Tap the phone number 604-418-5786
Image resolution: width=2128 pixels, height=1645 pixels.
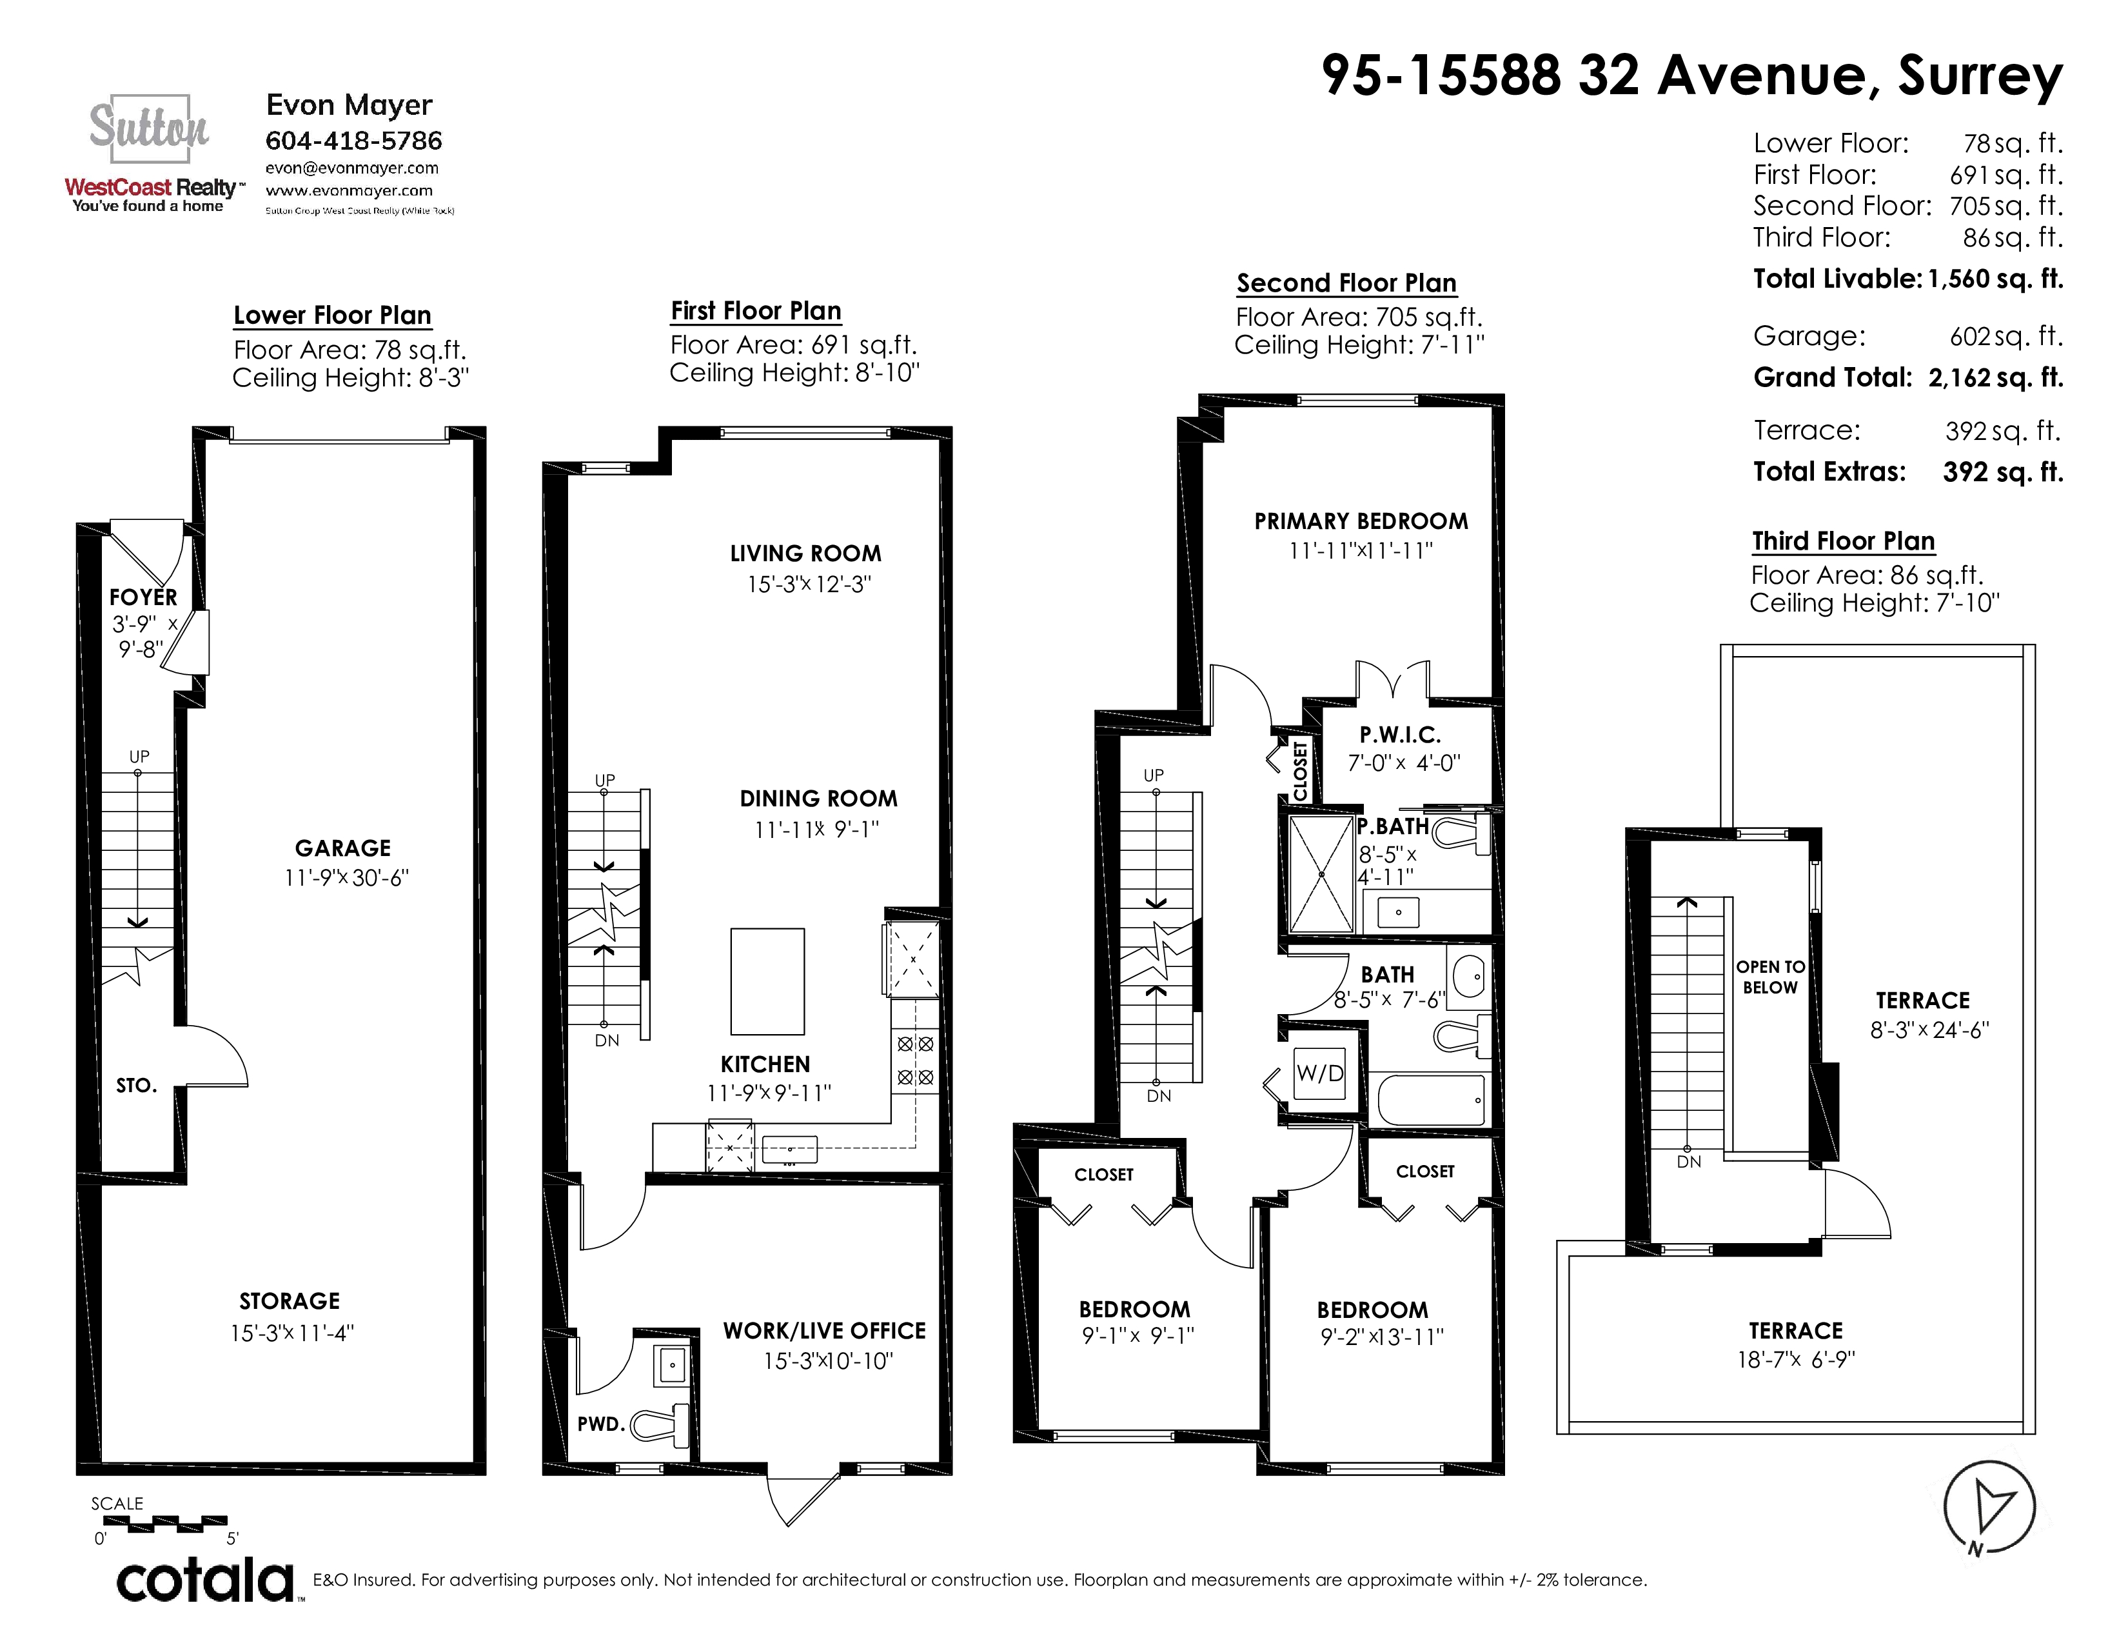tap(353, 141)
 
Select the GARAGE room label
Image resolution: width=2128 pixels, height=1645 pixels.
tap(343, 848)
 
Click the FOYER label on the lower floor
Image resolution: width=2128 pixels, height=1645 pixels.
tap(143, 597)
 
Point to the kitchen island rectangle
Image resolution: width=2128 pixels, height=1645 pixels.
tap(768, 981)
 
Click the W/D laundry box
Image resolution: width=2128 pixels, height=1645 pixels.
tap(1320, 1073)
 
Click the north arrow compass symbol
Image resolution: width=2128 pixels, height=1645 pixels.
tap(1989, 1508)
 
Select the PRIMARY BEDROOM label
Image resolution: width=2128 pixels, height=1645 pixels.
tap(1361, 521)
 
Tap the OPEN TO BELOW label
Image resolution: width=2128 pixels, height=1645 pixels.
tap(1770, 977)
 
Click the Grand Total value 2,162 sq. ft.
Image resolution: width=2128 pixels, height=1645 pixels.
tap(1996, 378)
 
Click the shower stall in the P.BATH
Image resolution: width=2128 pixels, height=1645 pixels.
tap(1321, 874)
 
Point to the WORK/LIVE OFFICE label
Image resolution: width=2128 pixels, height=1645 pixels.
tap(824, 1331)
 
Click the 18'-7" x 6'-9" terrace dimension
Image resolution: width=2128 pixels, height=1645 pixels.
tap(1796, 1359)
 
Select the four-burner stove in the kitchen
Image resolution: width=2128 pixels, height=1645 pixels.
tap(916, 1061)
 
